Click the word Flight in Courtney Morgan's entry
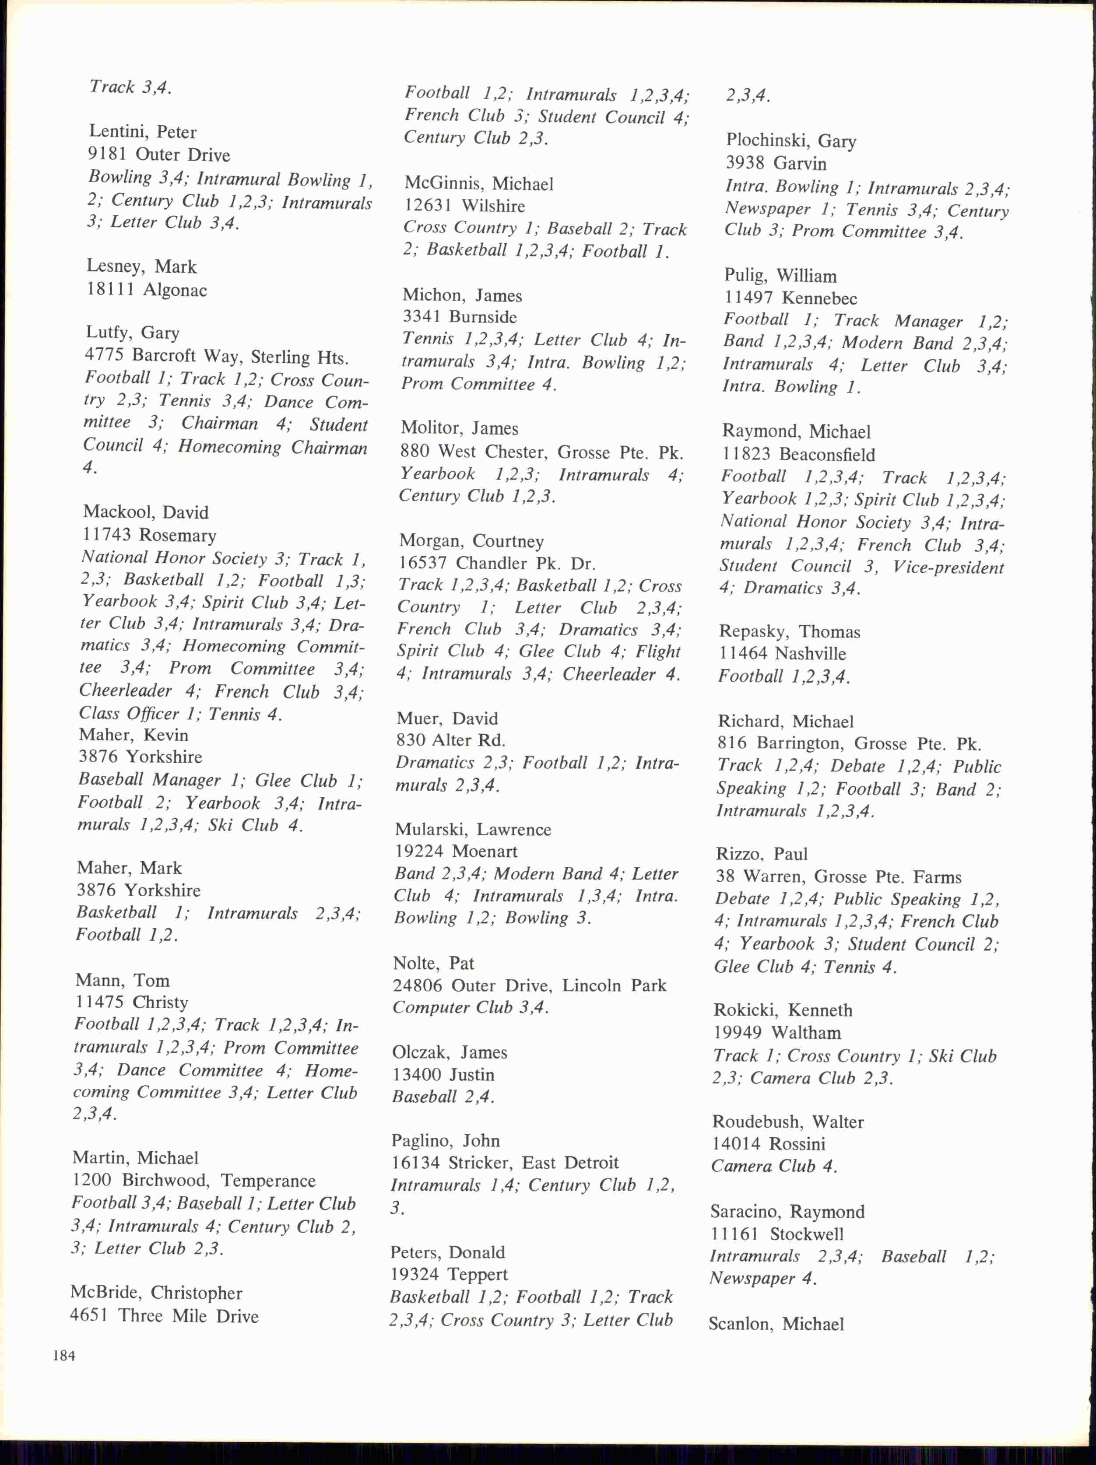(x=657, y=652)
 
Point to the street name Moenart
(x=485, y=851)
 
